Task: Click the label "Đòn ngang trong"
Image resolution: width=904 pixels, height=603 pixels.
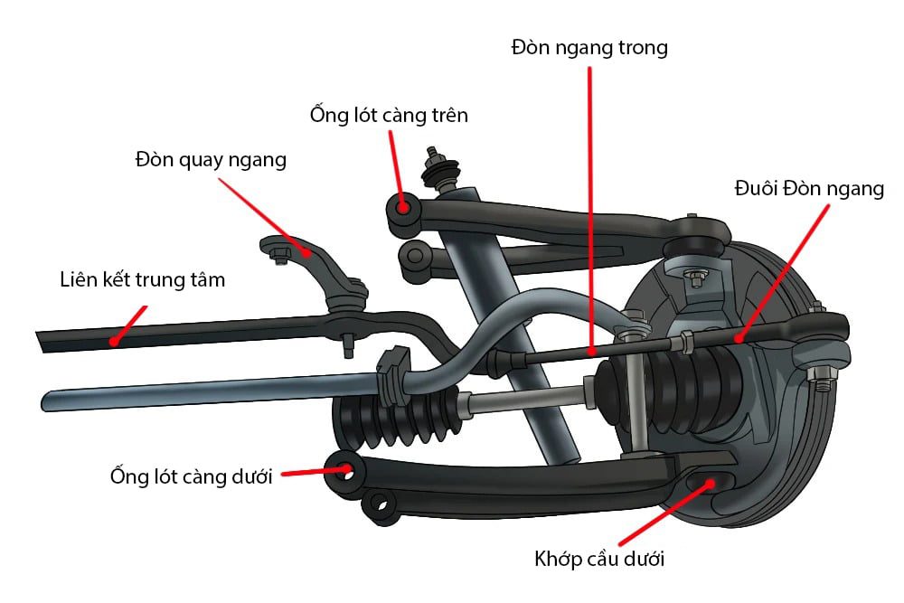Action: click(x=589, y=47)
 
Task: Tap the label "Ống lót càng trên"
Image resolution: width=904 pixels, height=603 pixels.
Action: click(x=389, y=116)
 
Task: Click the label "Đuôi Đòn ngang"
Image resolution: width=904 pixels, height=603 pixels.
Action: click(x=809, y=189)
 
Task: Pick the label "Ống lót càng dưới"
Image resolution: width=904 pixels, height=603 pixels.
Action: click(x=191, y=476)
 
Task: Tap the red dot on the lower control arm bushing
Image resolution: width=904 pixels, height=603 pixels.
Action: click(x=345, y=469)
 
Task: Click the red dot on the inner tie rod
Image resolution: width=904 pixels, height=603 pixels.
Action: click(x=591, y=350)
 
